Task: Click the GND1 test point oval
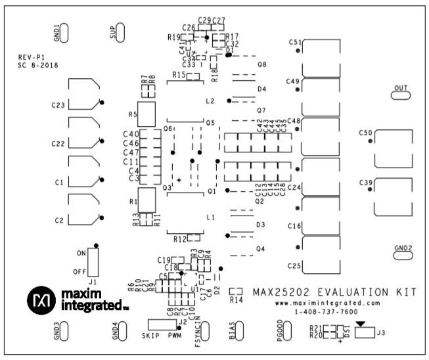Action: pos(66,32)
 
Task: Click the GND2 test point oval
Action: pos(402,257)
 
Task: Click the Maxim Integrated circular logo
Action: pos(41,300)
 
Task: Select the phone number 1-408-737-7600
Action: pos(327,312)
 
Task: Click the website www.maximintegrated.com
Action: pos(327,304)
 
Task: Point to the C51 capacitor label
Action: pos(294,41)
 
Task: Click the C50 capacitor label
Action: pos(365,133)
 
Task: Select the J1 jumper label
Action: pos(93,281)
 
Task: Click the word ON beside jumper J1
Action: pos(81,253)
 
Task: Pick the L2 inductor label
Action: pos(210,102)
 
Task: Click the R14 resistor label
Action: pos(237,300)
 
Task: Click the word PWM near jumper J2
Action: pos(175,334)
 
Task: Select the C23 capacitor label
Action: pos(58,105)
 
